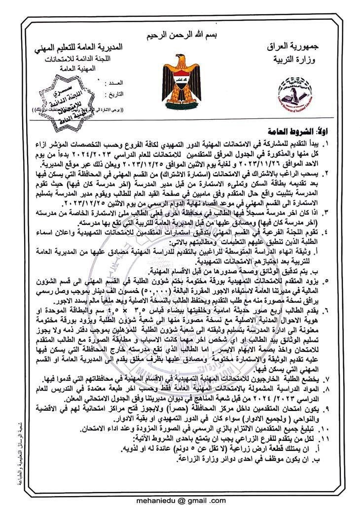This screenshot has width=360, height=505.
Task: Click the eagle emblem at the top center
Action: [180, 76]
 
